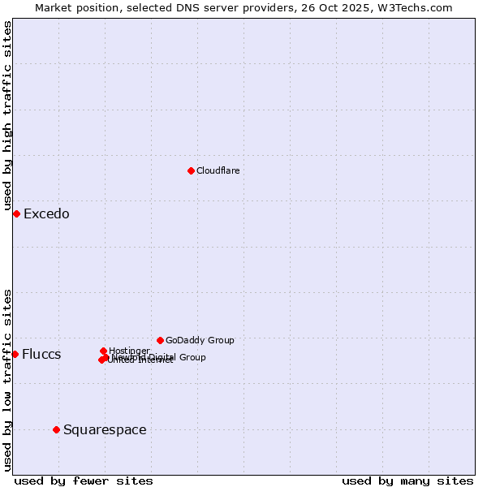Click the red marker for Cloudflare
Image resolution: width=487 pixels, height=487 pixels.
[191, 170]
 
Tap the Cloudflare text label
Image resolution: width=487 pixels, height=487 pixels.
[218, 170]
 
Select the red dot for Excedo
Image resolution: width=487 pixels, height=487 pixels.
[16, 213]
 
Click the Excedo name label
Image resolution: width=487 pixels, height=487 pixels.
[46, 214]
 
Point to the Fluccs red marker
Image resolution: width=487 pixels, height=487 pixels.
[15, 354]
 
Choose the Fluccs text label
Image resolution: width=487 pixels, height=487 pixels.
[41, 355]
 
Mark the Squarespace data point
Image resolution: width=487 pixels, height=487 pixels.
[56, 429]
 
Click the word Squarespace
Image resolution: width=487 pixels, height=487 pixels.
[105, 430]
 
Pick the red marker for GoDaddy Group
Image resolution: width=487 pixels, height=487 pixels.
[160, 340]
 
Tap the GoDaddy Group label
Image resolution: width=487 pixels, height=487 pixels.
[200, 340]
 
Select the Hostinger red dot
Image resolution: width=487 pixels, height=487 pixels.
[103, 351]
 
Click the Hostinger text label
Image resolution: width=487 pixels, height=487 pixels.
[129, 351]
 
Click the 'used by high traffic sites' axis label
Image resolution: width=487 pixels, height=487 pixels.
[8, 116]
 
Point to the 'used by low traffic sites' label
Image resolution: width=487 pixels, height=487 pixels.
[8, 380]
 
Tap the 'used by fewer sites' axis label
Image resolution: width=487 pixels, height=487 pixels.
[84, 481]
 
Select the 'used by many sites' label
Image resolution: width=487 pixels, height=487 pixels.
[407, 481]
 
